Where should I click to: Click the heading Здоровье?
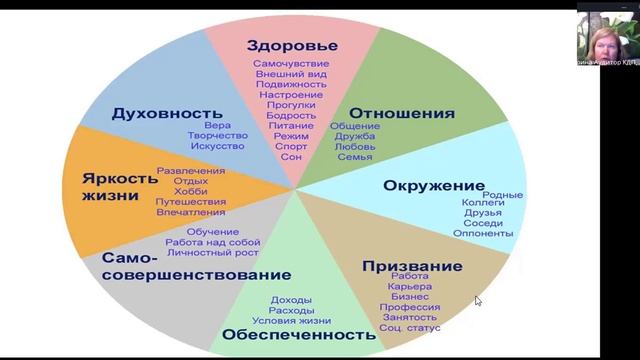(x=292, y=45)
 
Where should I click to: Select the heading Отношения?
(x=403, y=113)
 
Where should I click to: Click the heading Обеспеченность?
(x=299, y=333)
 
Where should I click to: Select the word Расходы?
(x=291, y=310)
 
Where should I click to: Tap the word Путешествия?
(x=190, y=202)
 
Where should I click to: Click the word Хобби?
(x=190, y=191)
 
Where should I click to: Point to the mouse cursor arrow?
(x=478, y=300)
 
